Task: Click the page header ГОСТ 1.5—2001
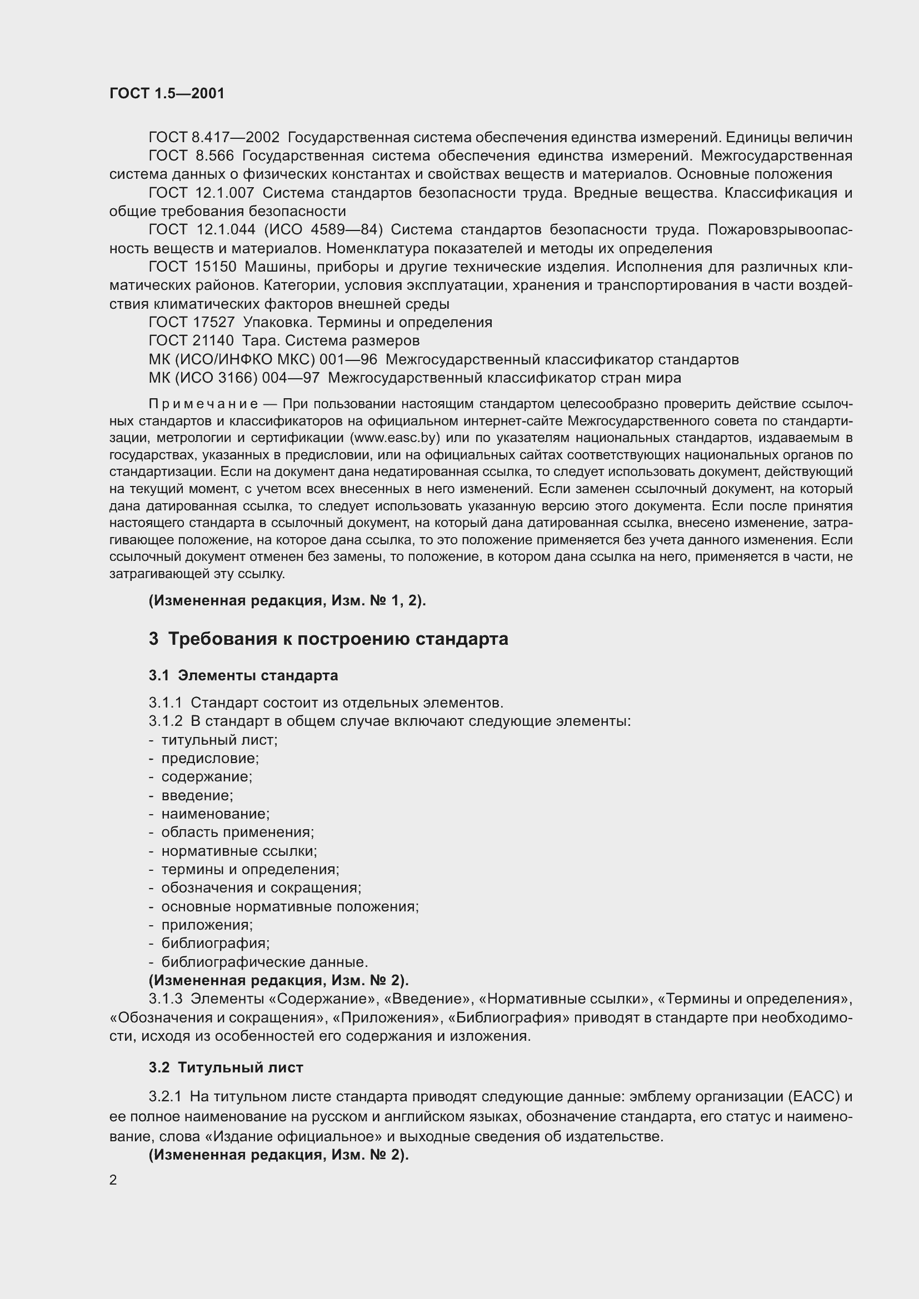167,93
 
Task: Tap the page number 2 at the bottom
113,1180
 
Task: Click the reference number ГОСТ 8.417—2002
214,138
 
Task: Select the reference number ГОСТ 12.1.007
202,193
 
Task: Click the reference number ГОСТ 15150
192,267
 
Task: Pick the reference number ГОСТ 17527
191,322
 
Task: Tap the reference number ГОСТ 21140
191,340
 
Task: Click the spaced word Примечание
204,404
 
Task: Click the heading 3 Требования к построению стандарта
328,639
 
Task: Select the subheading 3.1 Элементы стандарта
243,675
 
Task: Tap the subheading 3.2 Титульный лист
226,1067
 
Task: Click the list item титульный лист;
219,740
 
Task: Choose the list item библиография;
215,943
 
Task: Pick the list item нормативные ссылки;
239,851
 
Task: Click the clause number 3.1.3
165,999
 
